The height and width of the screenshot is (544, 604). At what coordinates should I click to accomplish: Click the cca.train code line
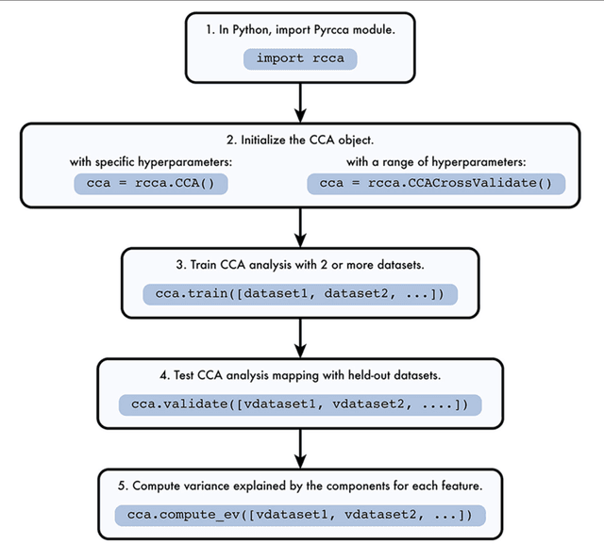[299, 294]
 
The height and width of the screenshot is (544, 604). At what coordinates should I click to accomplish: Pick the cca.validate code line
[299, 404]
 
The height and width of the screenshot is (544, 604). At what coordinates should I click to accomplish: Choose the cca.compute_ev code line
[299, 515]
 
